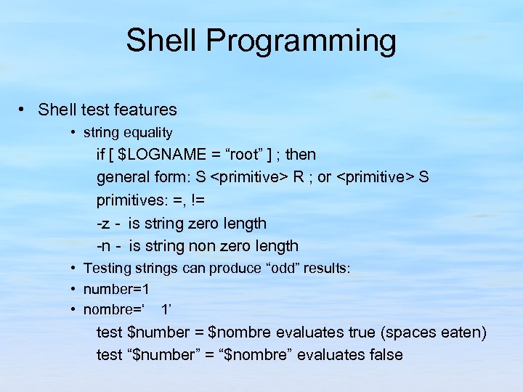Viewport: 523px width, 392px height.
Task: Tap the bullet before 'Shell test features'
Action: click(x=24, y=110)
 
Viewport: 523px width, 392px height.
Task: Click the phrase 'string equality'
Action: click(x=128, y=133)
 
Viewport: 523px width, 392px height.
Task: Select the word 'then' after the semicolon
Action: click(x=301, y=155)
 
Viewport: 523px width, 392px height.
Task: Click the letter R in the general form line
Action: click(x=299, y=177)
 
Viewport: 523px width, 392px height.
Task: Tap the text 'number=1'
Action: click(x=116, y=289)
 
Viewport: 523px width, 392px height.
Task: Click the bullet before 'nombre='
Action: click(x=75, y=310)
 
